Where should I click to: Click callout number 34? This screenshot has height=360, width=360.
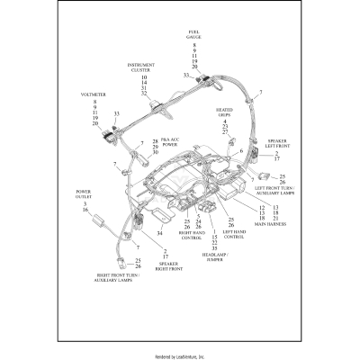[x=159, y=231]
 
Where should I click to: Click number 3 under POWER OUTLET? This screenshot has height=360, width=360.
[x=85, y=205]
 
